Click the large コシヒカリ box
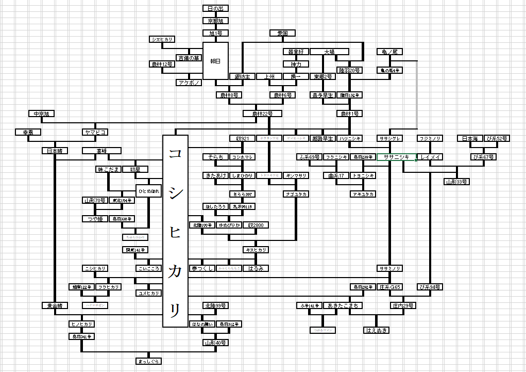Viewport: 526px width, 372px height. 175,231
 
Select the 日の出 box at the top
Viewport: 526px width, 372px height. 215,9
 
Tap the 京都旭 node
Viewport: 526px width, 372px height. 215,21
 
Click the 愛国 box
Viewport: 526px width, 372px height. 282,34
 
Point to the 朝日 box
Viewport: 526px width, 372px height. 215,61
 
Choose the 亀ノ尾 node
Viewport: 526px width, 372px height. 390,52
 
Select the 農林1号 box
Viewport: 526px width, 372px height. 350,114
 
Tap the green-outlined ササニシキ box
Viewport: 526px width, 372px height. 396,157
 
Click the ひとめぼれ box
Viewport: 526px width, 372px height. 148,191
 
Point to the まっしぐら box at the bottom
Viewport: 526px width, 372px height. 148,361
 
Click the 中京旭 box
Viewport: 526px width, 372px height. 41,114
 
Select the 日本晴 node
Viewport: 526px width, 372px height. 55,151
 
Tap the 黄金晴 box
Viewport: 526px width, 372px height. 55,305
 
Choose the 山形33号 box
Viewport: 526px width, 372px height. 456,182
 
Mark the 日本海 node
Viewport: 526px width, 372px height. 470,138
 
